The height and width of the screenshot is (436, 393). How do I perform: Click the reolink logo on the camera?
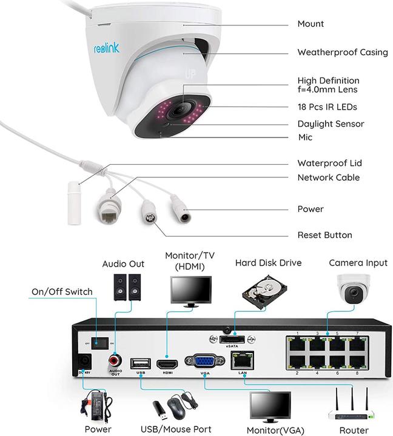click(x=107, y=48)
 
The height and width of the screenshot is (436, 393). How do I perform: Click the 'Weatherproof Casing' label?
click(x=342, y=53)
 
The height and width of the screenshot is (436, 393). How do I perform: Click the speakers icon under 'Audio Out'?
click(x=128, y=286)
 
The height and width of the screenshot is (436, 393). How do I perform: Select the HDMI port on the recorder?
click(x=167, y=365)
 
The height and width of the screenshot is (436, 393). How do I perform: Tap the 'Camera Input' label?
click(x=358, y=263)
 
